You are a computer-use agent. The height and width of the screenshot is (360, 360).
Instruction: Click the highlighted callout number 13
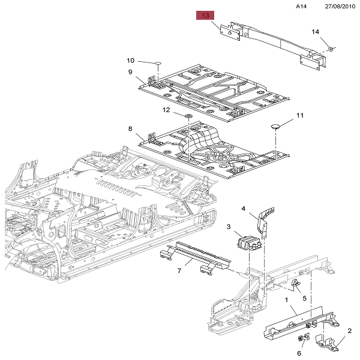pyautogui.click(x=206, y=16)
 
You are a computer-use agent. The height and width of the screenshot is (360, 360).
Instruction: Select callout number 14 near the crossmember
pyautogui.click(x=316, y=31)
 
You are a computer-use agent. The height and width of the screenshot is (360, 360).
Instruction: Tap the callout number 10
pyautogui.click(x=130, y=60)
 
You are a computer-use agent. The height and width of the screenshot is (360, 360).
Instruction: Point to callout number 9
pyautogui.click(x=130, y=72)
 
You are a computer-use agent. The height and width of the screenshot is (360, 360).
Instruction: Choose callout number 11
pyautogui.click(x=299, y=115)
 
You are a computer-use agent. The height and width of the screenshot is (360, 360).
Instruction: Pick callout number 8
pyautogui.click(x=130, y=128)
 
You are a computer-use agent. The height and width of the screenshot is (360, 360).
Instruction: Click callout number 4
pyautogui.click(x=244, y=208)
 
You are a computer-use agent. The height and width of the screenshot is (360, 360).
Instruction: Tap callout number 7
pyautogui.click(x=179, y=271)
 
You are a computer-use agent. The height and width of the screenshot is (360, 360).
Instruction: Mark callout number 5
pyautogui.click(x=304, y=298)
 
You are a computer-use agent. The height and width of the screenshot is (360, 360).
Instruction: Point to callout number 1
pyautogui.click(x=287, y=299)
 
